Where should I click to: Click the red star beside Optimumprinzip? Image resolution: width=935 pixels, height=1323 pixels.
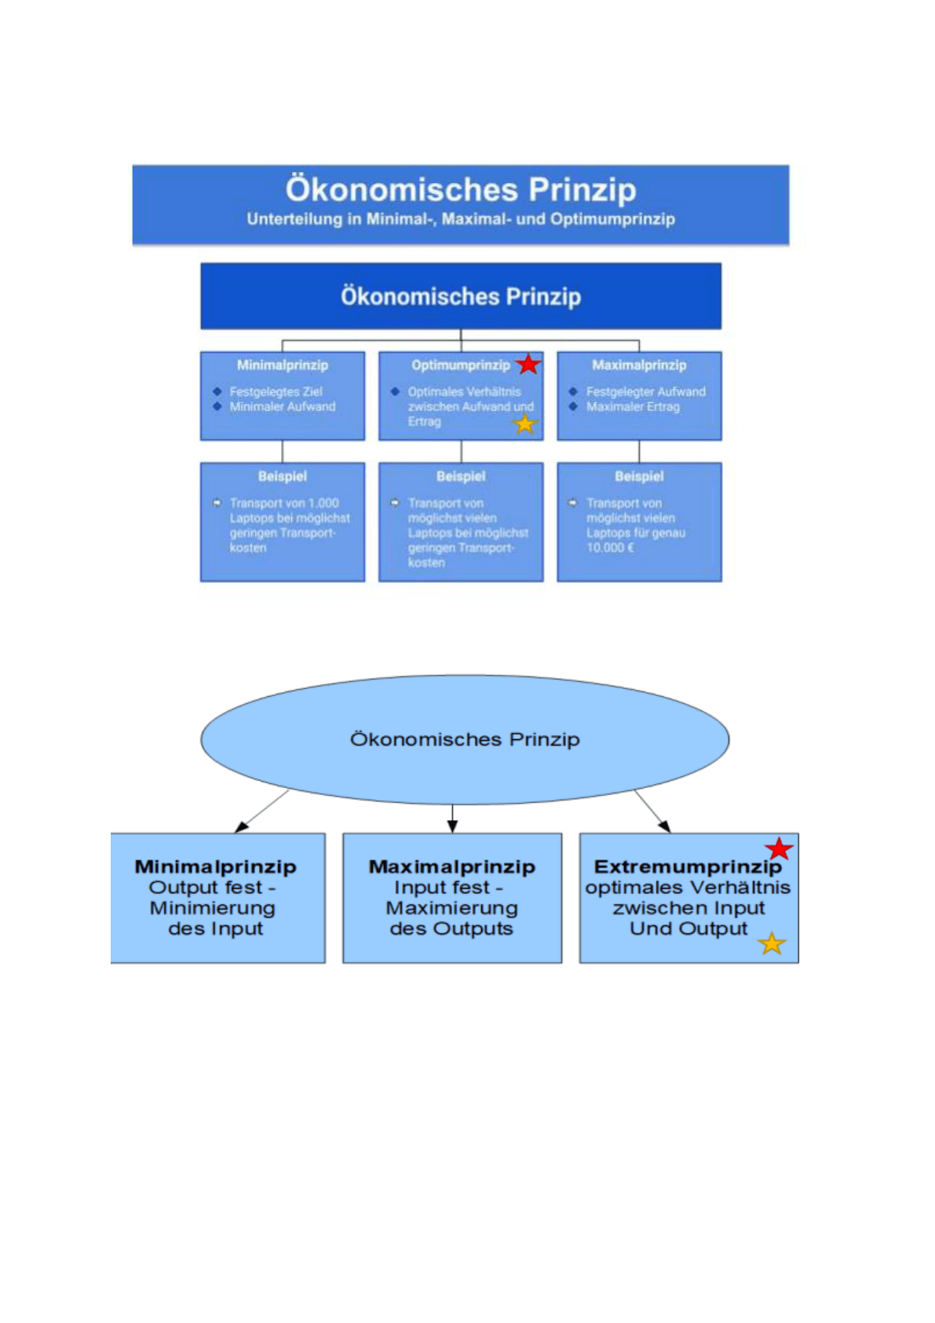tap(528, 365)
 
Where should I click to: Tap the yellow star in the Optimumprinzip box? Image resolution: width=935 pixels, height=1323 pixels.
tap(524, 424)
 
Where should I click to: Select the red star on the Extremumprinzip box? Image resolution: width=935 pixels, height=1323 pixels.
tap(779, 849)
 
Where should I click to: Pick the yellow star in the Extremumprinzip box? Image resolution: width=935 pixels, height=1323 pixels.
tap(772, 944)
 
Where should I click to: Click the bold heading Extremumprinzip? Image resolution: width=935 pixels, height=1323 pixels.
tap(688, 867)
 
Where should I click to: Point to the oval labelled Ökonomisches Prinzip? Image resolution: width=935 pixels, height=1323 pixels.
tap(465, 739)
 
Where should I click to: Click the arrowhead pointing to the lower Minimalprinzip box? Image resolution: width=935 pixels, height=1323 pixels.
tap(242, 827)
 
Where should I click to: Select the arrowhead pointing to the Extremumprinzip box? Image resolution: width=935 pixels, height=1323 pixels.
tap(665, 826)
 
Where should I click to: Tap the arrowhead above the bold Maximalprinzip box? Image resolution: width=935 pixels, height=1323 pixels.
tap(453, 826)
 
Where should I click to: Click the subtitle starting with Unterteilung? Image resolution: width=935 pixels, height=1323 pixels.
tap(460, 219)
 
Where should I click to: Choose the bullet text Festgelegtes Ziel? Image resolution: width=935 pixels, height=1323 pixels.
tap(276, 391)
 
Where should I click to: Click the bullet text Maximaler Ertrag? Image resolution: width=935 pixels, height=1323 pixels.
tap(633, 407)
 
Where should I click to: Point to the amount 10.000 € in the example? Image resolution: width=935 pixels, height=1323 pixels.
tap(610, 548)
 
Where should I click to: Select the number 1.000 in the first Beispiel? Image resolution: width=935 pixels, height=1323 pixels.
tap(324, 504)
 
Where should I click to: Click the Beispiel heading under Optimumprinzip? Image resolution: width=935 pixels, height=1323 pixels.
tap(461, 477)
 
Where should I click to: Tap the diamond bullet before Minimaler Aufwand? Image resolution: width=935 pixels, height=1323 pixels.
tap(217, 406)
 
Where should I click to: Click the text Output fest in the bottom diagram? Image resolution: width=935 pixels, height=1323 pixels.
tap(205, 888)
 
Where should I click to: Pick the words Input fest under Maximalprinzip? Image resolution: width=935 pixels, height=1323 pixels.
tap(441, 888)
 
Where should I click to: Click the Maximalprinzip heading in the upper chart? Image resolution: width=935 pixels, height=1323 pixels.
tap(639, 365)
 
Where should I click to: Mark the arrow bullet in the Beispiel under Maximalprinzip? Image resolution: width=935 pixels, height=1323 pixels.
tap(572, 503)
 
